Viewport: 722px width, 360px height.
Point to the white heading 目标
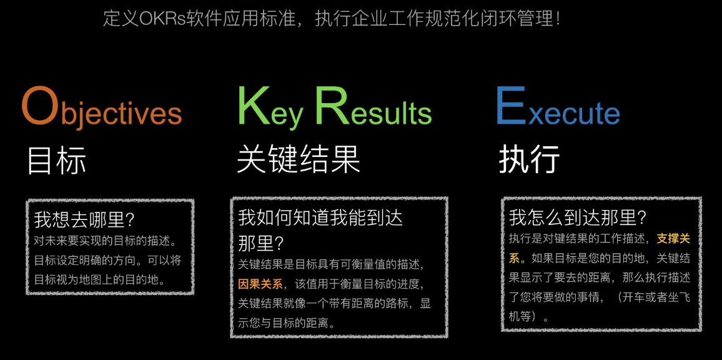pos(56,161)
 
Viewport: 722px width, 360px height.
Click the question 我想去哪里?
pos(84,220)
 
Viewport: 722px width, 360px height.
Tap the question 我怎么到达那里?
pos(577,218)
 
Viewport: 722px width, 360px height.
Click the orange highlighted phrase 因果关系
pos(260,284)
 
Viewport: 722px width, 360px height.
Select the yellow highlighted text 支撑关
pos(673,239)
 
